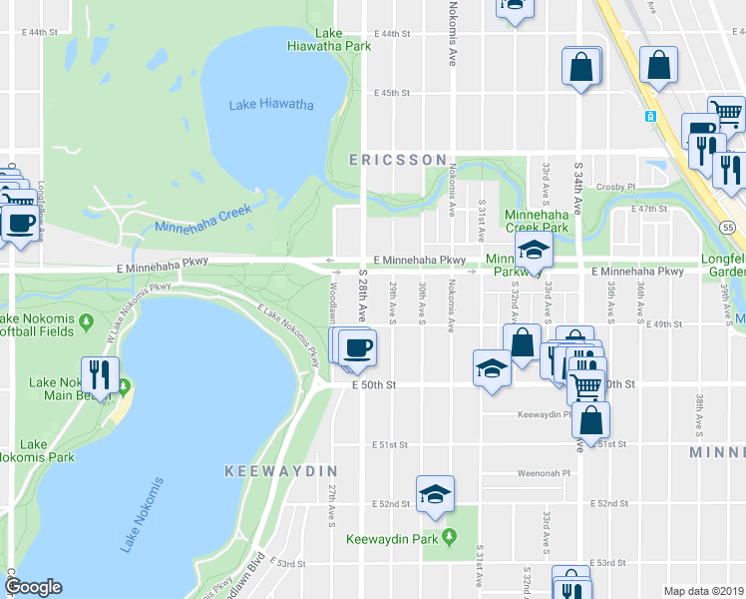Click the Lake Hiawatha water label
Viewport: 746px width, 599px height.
(271, 105)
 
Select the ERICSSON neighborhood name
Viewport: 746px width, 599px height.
(397, 160)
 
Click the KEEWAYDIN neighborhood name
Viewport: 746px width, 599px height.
(281, 470)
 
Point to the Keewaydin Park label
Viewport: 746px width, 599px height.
(393, 539)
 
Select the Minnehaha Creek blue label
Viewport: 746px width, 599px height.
(206, 221)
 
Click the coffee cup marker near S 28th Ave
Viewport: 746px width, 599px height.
(357, 348)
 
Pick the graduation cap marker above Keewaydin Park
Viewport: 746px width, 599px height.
(434, 494)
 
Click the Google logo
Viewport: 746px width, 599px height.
(34, 587)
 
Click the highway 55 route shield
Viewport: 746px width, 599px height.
(730, 229)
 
